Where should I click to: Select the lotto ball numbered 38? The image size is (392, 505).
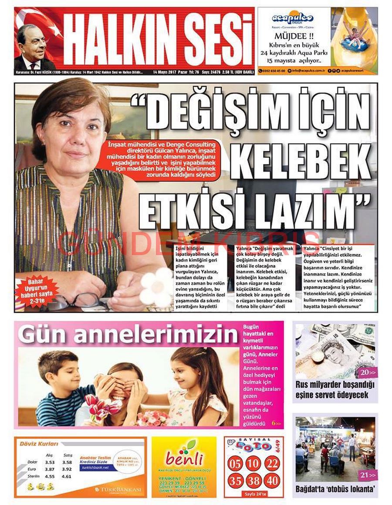click(253, 481)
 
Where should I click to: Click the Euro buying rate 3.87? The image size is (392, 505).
click(50, 469)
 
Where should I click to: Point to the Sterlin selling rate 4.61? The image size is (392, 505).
click(67, 477)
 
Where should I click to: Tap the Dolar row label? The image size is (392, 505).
click(32, 462)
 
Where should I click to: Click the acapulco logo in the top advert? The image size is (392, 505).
click(287, 18)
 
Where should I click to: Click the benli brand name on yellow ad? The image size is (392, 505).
click(184, 459)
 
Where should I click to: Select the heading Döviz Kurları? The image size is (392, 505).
click(39, 444)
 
